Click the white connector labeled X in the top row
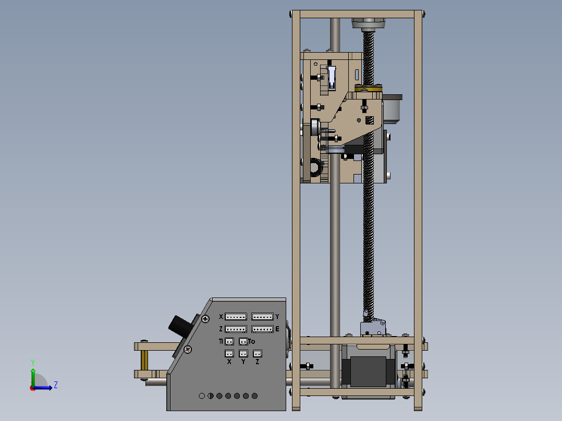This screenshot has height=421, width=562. (x=236, y=317)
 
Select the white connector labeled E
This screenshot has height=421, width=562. (x=262, y=329)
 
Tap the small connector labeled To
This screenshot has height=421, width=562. (x=243, y=342)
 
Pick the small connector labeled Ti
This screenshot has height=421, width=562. (x=229, y=342)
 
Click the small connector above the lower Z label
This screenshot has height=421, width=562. (x=257, y=353)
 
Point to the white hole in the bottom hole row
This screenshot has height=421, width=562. (x=202, y=396)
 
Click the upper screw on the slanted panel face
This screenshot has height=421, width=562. (x=206, y=318)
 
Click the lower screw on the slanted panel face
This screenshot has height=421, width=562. (x=188, y=350)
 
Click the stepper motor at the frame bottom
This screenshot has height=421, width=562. (x=369, y=371)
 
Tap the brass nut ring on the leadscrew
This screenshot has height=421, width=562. (x=369, y=88)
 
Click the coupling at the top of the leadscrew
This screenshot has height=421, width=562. (x=368, y=24)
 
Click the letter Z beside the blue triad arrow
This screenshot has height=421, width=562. (x=55, y=386)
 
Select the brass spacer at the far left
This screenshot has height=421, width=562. (x=144, y=360)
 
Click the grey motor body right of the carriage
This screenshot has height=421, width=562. (x=393, y=108)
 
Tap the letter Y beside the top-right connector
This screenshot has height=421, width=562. (x=277, y=317)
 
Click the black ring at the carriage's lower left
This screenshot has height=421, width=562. (x=315, y=168)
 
